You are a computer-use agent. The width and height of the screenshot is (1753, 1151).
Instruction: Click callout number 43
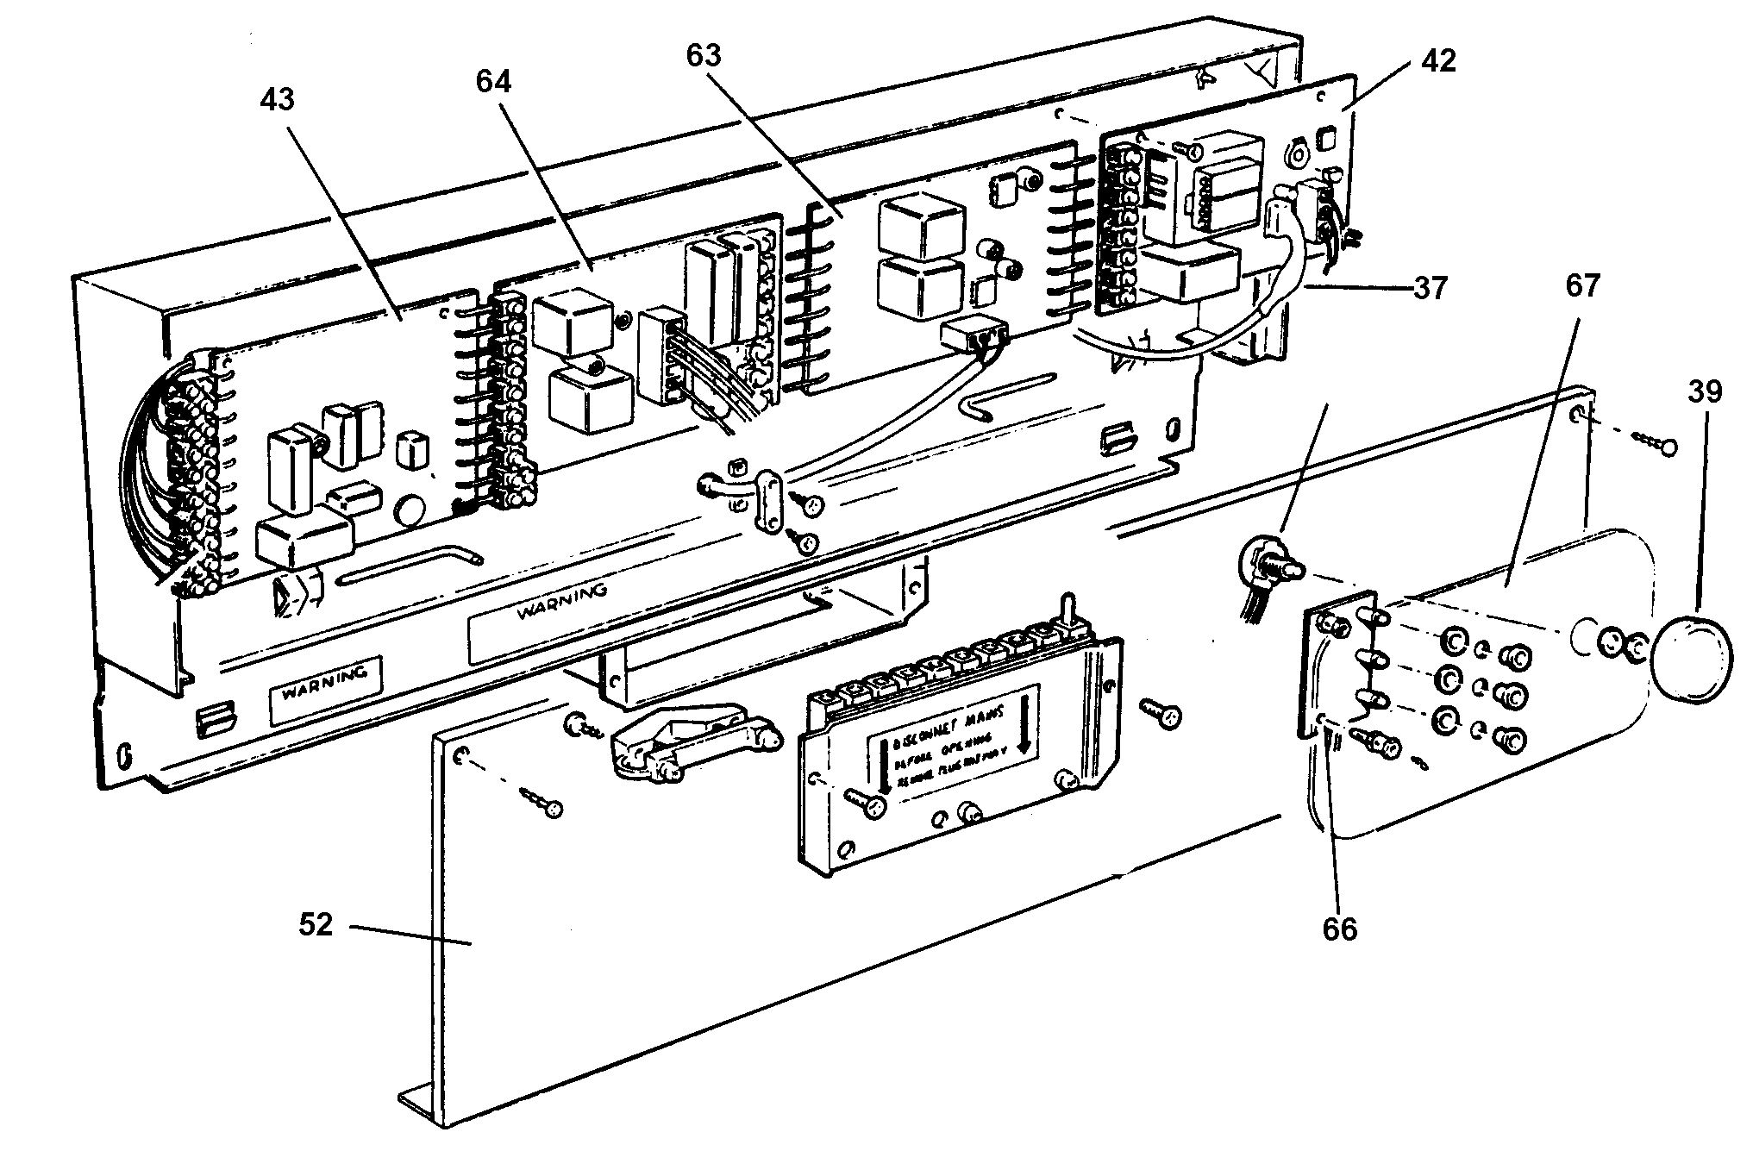click(278, 100)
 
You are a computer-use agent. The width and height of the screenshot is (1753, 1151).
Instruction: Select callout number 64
click(493, 81)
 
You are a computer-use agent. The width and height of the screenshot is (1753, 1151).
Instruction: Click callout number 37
click(1430, 287)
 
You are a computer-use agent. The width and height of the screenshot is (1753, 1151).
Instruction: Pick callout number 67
click(1583, 285)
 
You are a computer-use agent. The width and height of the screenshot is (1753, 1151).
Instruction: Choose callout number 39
click(1705, 392)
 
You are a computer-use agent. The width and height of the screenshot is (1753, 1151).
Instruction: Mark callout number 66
click(1339, 929)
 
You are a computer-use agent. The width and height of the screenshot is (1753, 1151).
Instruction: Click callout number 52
click(316, 925)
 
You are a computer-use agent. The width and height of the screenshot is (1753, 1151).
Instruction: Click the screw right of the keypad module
click(1161, 713)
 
